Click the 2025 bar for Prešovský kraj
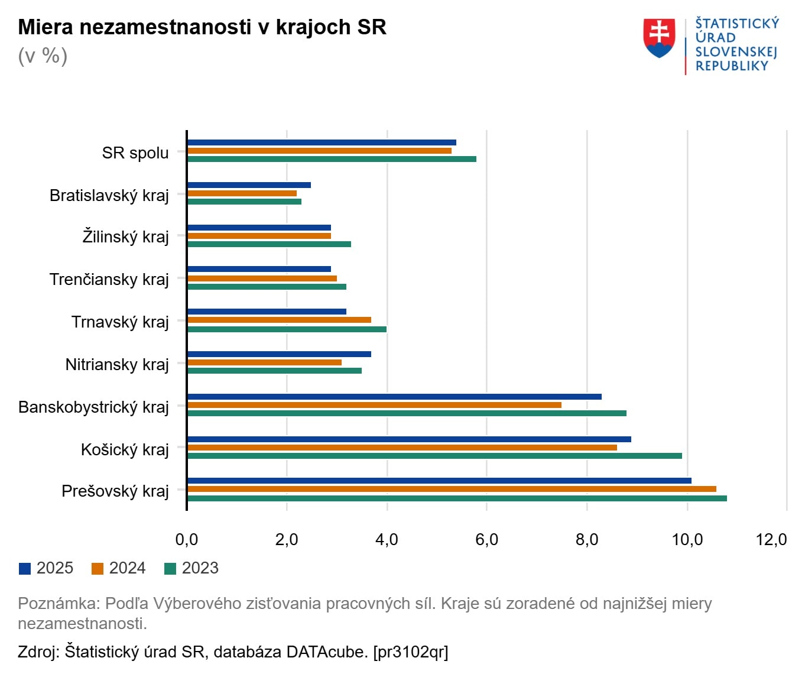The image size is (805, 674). pyautogui.click(x=439, y=481)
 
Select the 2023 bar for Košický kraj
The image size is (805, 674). pyautogui.click(x=434, y=456)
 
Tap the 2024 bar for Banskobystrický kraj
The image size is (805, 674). pyautogui.click(x=374, y=405)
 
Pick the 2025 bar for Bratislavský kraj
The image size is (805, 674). pyautogui.click(x=249, y=185)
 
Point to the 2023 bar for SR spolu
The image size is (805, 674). pyautogui.click(x=332, y=159)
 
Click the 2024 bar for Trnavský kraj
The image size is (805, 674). pyautogui.click(x=279, y=320)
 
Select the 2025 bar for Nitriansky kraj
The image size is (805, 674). pyautogui.click(x=279, y=354)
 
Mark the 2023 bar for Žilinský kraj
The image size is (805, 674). pyautogui.click(x=269, y=244)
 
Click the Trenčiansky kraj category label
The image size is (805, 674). pyautogui.click(x=109, y=279)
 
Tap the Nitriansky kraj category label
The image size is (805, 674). pyautogui.click(x=117, y=364)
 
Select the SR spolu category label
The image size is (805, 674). pyautogui.click(x=135, y=153)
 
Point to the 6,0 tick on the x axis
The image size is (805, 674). pyautogui.click(x=486, y=539)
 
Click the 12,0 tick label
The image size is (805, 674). pyautogui.click(x=771, y=539)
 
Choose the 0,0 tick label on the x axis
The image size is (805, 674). pyautogui.click(x=187, y=539)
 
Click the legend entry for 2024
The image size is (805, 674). pyautogui.click(x=119, y=568)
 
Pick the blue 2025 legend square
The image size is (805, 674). pyautogui.click(x=25, y=569)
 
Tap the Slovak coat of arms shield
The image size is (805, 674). pyautogui.click(x=659, y=38)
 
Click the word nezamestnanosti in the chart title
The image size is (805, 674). pyautogui.click(x=165, y=27)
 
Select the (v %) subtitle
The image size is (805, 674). pyautogui.click(x=43, y=56)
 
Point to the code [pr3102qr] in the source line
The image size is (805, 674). pyautogui.click(x=410, y=652)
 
